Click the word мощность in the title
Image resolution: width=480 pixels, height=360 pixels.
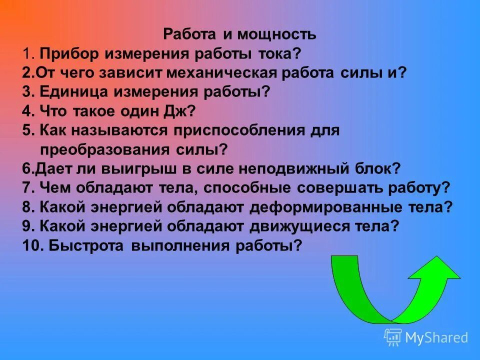point(276,34)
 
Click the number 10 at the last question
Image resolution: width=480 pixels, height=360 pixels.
point(31,245)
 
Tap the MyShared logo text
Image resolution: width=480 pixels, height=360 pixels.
point(436,337)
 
